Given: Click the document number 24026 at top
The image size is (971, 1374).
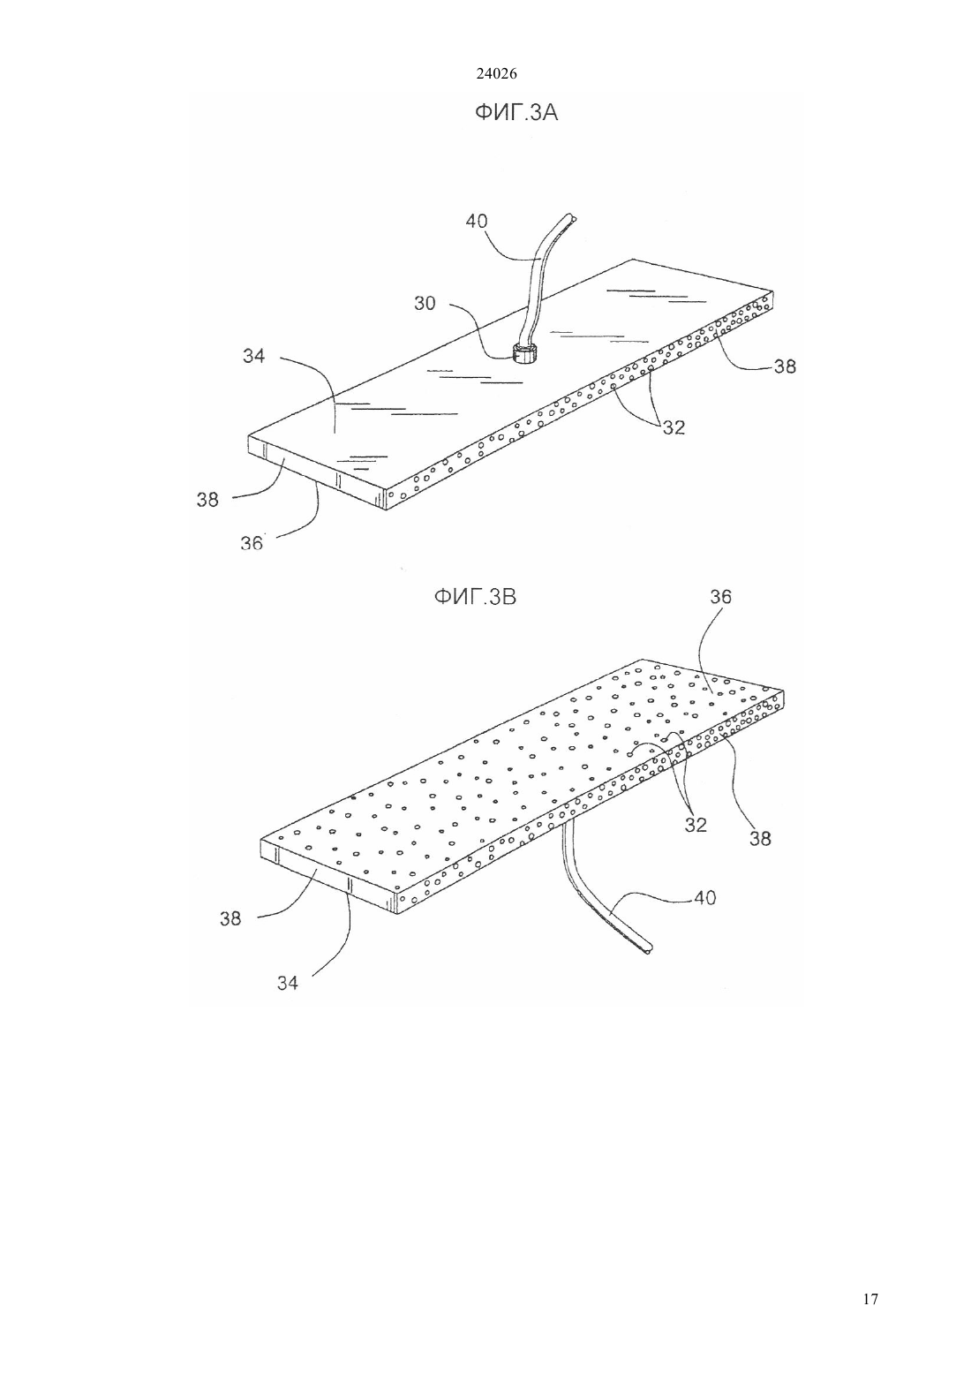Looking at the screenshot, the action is pyautogui.click(x=496, y=73).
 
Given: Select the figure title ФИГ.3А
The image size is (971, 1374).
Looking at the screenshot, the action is pyautogui.click(x=516, y=113).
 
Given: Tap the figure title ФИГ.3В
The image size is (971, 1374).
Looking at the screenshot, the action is pyautogui.click(x=475, y=597).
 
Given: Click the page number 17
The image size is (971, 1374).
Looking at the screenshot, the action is pyautogui.click(x=870, y=1299).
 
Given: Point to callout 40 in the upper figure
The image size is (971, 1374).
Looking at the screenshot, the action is pyautogui.click(x=477, y=221).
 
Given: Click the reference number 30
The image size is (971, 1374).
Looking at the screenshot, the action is pyautogui.click(x=425, y=303).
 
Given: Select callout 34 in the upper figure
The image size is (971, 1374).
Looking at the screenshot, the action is pyautogui.click(x=253, y=356).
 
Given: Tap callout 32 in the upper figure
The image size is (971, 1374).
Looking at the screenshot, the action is pyautogui.click(x=674, y=427).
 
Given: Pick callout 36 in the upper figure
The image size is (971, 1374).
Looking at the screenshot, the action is pyautogui.click(x=252, y=543).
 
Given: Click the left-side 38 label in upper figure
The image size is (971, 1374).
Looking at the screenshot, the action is pyautogui.click(x=207, y=500).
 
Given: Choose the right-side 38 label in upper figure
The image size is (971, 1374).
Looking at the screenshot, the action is pyautogui.click(x=785, y=366).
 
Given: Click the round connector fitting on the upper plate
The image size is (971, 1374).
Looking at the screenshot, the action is pyautogui.click(x=524, y=354).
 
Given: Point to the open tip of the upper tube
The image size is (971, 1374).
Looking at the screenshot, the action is pyautogui.click(x=571, y=218).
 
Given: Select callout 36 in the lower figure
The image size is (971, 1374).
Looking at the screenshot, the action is pyautogui.click(x=721, y=597).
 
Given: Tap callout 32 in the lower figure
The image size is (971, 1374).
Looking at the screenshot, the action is pyautogui.click(x=696, y=825).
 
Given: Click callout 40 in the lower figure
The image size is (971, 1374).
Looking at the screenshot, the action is pyautogui.click(x=705, y=898).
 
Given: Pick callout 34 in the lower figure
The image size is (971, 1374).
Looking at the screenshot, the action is pyautogui.click(x=287, y=984).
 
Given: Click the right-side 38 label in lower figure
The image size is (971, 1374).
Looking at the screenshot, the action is pyautogui.click(x=760, y=839).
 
